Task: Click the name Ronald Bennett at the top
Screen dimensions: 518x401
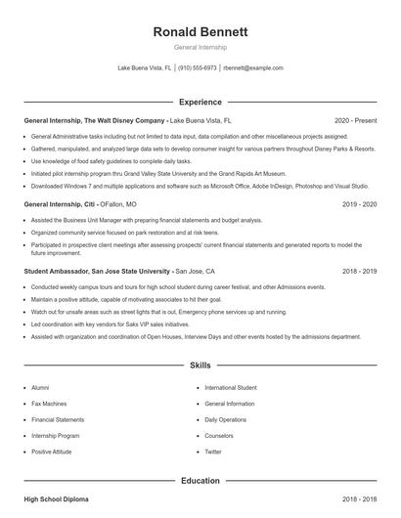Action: tap(200, 32)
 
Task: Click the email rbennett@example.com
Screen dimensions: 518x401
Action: tap(253, 68)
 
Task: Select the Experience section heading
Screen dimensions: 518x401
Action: tap(200, 102)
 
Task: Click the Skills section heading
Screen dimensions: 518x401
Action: tap(200, 366)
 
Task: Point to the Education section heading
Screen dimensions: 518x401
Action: tap(200, 481)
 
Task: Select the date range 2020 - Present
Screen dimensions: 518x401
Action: tap(356, 120)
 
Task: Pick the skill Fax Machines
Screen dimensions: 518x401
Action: tap(49, 403)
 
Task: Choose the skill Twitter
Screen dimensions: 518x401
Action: tap(213, 453)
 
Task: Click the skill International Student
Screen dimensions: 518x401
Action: tap(231, 387)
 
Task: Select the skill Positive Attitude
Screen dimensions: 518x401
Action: tap(52, 453)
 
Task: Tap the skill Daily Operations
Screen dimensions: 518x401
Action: tap(226, 419)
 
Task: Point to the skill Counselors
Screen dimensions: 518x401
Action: tap(219, 436)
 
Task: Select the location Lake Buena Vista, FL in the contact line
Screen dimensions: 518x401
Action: tap(145, 68)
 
